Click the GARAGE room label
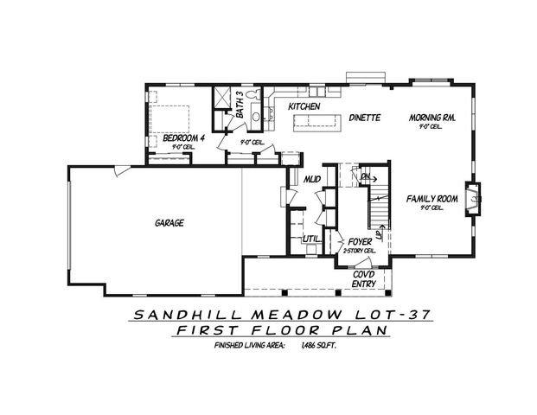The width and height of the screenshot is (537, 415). coord(169,222)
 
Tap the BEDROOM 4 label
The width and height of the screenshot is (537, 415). coord(182,138)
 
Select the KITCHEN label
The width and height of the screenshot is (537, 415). coord(304,106)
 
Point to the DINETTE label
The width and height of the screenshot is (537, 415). coord(366,117)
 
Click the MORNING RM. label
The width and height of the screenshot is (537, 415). coord(432,115)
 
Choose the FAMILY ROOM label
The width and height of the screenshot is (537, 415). coord(432,199)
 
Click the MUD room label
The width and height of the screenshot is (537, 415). coord(312,178)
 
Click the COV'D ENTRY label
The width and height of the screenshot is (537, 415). coord(363,278)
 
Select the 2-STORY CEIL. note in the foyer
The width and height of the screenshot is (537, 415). coord(359,251)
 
